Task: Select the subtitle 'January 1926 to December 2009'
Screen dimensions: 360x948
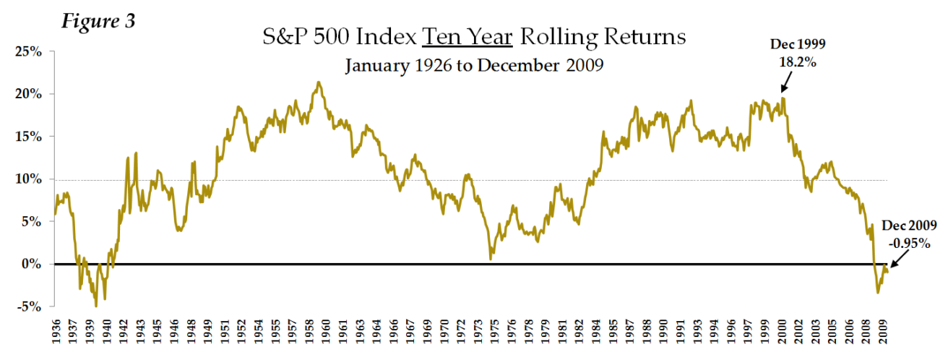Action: pos(474,66)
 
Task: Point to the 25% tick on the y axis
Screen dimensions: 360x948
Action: pos(26,52)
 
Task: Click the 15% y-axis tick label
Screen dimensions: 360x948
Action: pos(26,137)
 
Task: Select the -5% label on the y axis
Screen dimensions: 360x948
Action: pos(27,307)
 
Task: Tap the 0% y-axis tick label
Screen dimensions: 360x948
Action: pos(30,264)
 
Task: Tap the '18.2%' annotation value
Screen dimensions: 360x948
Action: pos(798,63)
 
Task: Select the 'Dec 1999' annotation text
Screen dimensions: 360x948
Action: pos(798,45)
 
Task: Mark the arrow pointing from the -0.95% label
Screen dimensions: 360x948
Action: pos(895,260)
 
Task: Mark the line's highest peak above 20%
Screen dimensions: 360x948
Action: pos(319,82)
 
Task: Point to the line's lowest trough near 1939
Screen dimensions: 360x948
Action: pos(95,305)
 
